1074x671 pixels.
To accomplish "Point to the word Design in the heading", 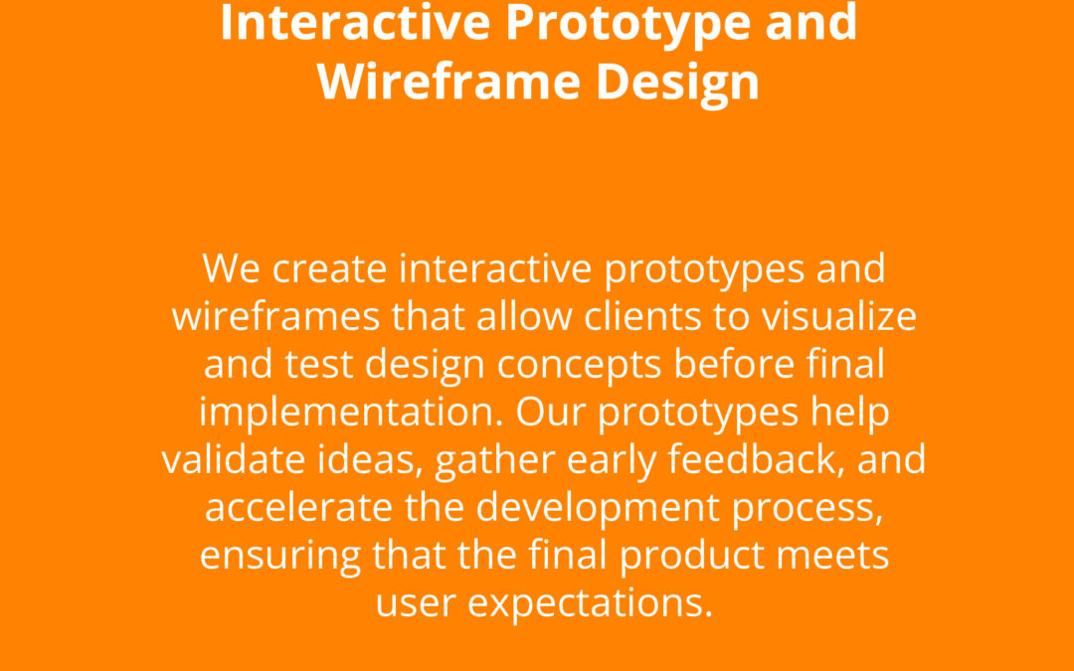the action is click(677, 84).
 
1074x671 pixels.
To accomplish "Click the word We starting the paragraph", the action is click(231, 268).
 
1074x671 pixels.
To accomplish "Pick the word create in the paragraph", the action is click(329, 268).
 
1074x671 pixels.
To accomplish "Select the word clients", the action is click(642, 316).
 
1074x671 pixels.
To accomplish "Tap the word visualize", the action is click(839, 316).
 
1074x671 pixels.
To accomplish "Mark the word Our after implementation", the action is click(551, 413).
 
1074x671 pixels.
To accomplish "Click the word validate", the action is click(234, 459).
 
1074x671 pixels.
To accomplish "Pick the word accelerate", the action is click(298, 508).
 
